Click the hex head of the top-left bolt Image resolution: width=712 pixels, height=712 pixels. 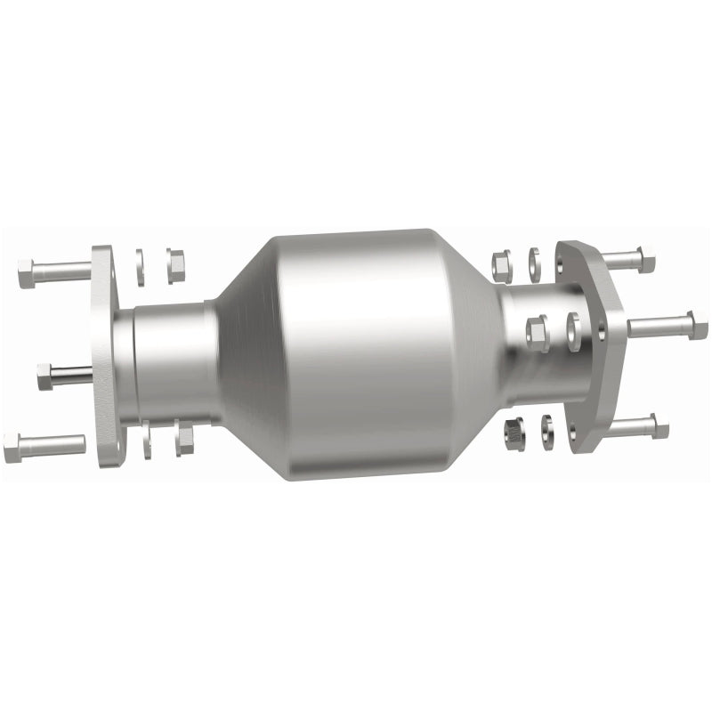[x=27, y=272]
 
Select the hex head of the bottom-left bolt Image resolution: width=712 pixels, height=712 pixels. [x=12, y=446]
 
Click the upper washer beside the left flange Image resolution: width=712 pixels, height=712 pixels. [x=141, y=267]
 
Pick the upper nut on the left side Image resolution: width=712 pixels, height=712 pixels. [x=175, y=263]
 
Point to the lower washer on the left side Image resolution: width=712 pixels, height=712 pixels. [x=145, y=441]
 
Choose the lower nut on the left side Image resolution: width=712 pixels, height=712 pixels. [x=184, y=439]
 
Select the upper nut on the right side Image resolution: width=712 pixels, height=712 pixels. [x=501, y=264]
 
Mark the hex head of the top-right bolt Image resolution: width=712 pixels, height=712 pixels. [x=646, y=262]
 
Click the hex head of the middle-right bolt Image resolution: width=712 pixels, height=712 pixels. [x=697, y=325]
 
